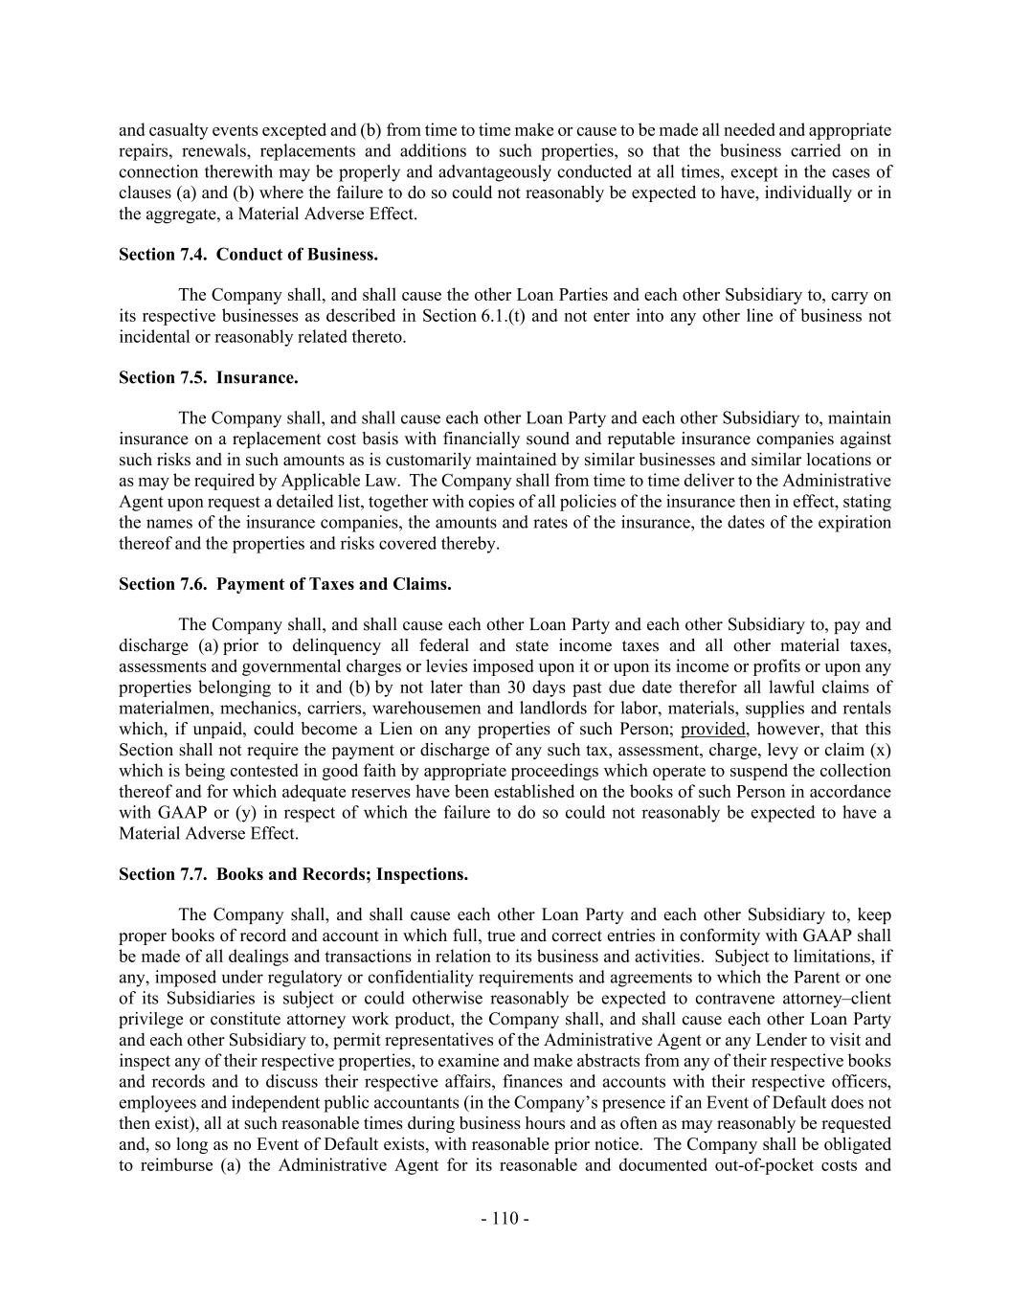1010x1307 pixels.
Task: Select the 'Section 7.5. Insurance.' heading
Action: coord(208,377)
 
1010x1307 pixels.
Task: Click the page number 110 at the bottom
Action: coord(505,1218)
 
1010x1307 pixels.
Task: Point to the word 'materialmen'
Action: coord(163,709)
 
